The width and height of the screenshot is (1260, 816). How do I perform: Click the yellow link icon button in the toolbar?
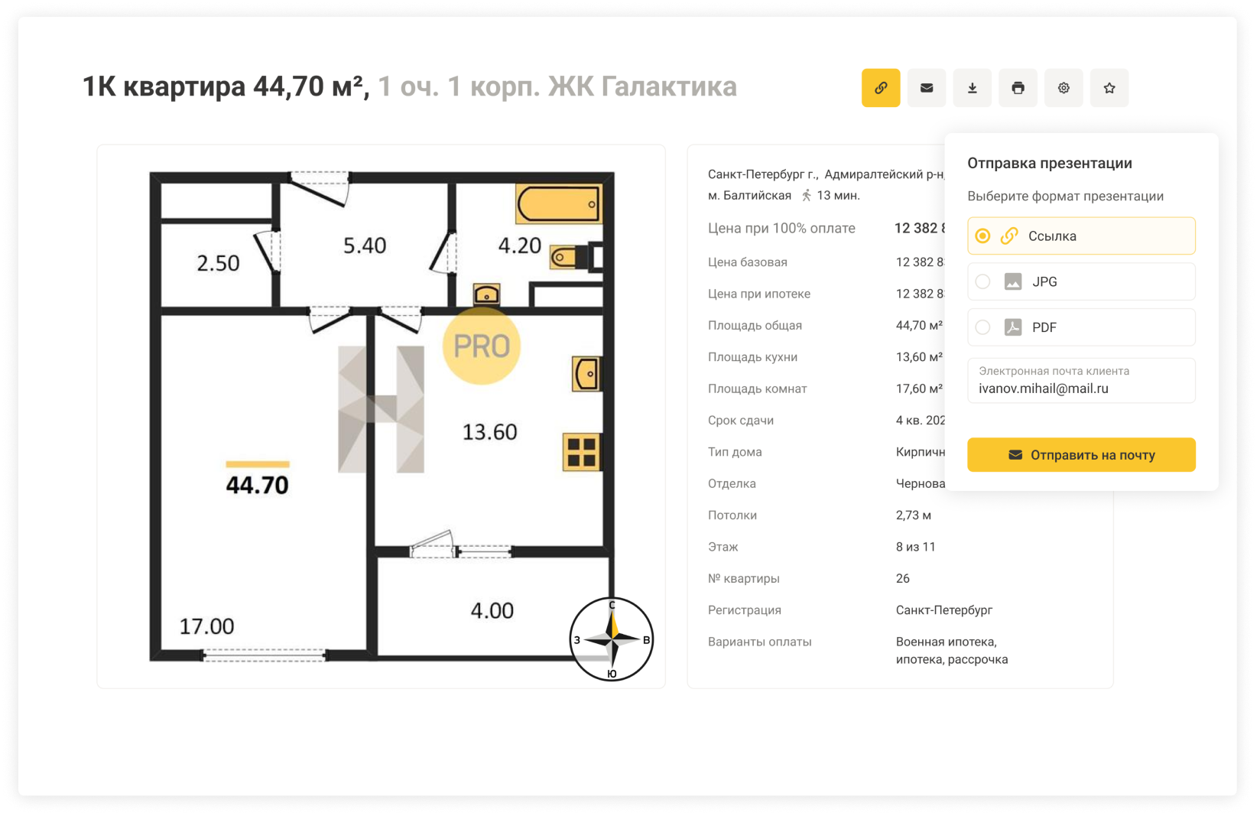point(880,88)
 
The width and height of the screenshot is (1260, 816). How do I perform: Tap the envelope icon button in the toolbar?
point(927,88)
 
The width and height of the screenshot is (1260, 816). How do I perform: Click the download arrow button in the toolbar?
point(972,88)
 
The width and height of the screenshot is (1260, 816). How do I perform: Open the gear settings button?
point(1063,88)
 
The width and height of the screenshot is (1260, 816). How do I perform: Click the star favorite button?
point(1109,88)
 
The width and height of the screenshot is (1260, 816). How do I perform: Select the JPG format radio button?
point(982,281)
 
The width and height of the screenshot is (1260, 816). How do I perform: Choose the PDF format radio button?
point(982,327)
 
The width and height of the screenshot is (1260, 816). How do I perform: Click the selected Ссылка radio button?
point(982,236)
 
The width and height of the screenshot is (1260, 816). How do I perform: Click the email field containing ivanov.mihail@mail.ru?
point(1081,380)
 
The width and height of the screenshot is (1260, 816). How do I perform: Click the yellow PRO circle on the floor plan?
point(481,346)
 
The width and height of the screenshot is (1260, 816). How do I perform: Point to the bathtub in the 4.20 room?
point(558,203)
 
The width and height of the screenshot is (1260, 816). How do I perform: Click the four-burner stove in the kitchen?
point(582,452)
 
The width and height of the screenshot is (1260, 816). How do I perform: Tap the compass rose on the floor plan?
point(612,639)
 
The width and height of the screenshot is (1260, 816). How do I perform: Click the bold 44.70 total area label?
point(257,485)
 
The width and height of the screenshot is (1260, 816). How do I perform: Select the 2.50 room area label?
point(218,263)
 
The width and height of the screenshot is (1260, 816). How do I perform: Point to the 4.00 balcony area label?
point(492,610)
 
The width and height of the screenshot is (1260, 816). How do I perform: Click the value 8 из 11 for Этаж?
point(915,547)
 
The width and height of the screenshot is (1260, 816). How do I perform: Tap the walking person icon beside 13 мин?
point(806,195)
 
